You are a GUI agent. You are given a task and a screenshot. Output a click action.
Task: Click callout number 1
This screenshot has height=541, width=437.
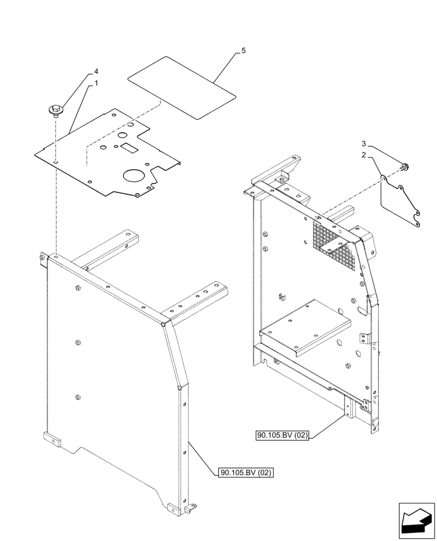tap(96, 84)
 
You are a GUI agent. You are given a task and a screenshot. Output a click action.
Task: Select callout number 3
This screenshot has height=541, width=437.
tap(364, 144)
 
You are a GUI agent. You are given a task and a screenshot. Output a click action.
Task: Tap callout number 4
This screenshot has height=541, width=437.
tap(96, 71)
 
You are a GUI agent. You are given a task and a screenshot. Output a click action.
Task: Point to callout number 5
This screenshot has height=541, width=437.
tap(243, 50)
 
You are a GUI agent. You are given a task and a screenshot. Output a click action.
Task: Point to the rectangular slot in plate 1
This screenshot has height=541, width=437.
tap(129, 146)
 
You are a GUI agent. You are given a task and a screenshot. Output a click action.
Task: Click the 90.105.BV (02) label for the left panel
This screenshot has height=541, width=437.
tap(247, 473)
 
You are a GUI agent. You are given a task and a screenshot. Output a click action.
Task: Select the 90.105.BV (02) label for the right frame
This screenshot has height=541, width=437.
tap(283, 434)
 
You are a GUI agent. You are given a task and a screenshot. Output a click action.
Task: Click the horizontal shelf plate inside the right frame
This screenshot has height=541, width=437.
tap(306, 328)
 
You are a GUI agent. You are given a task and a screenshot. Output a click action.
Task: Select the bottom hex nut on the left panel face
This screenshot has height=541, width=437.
tap(77, 397)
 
